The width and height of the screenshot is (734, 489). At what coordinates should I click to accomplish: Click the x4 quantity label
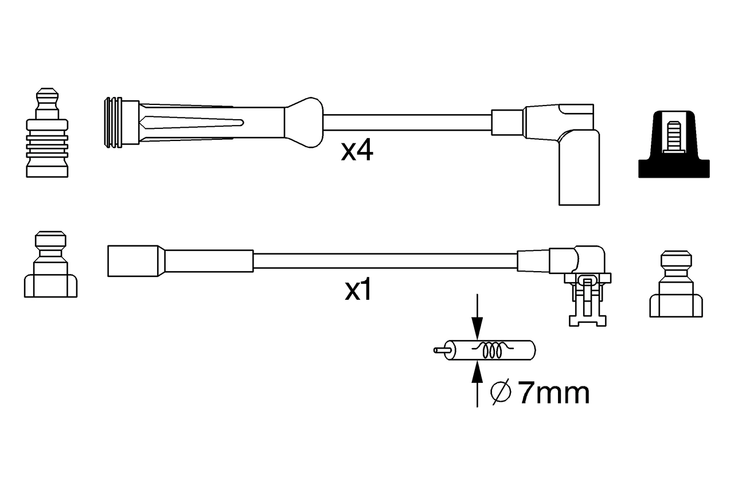click(x=357, y=151)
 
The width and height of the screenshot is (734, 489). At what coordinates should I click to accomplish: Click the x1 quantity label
click(x=358, y=291)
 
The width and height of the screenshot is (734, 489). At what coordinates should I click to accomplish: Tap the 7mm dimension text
click(x=553, y=393)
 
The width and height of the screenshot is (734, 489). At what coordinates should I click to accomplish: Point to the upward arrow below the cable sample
click(x=477, y=378)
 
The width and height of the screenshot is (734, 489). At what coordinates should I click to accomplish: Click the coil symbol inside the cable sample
click(x=491, y=350)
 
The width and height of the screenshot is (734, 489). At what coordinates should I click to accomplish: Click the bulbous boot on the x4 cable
click(x=303, y=122)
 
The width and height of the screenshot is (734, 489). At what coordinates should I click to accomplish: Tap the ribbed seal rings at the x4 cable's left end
click(x=113, y=123)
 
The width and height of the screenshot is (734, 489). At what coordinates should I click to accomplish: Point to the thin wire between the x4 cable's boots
click(x=407, y=123)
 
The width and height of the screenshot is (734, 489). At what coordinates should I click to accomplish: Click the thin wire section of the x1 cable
click(x=384, y=261)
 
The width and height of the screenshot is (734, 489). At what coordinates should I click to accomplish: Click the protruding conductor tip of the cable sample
click(x=440, y=350)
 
